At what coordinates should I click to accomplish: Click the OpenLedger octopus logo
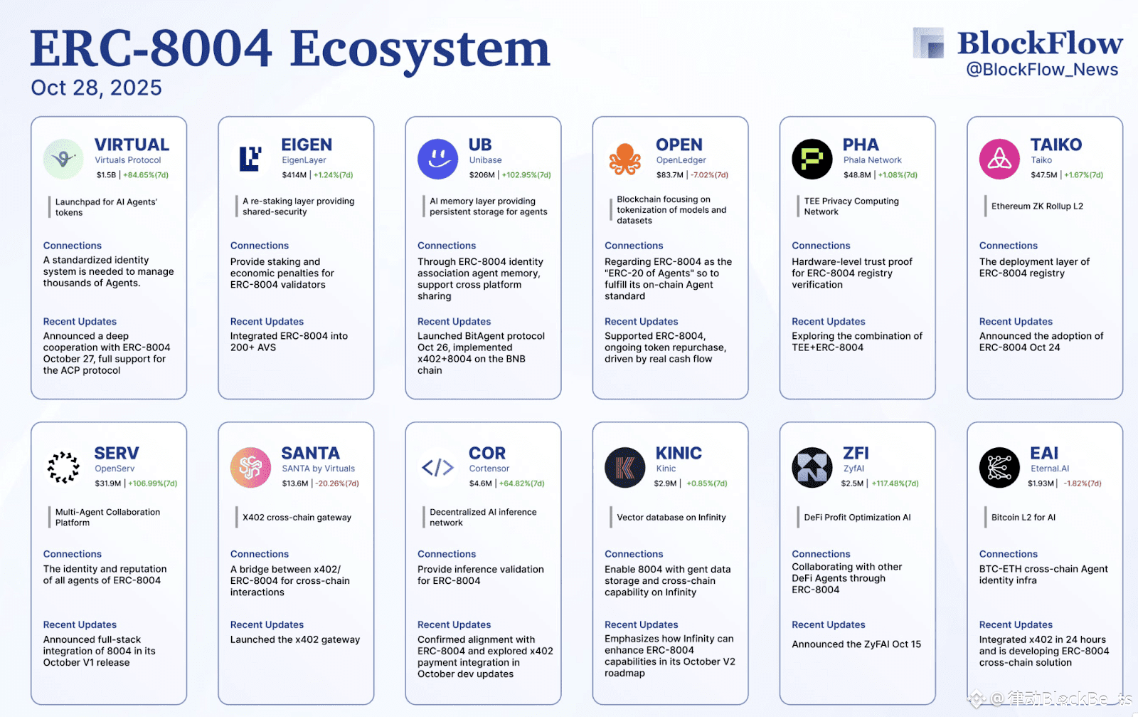624,159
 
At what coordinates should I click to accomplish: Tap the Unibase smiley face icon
437,159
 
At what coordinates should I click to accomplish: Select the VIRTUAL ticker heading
132,145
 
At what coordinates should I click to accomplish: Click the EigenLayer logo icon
250,159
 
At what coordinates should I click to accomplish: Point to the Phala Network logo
812,159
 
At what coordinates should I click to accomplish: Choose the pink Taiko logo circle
999,159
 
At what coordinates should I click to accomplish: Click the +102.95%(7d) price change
526,175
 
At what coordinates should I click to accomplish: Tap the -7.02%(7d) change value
710,175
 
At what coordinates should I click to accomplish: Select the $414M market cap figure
294,175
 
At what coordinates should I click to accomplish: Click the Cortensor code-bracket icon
437,468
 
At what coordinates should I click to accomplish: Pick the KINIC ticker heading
679,453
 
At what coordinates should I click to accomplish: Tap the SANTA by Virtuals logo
250,468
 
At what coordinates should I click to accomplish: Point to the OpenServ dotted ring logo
63,468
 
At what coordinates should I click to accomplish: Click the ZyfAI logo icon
812,468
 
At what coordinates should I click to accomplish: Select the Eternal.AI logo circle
999,468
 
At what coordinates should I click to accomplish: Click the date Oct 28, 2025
96,88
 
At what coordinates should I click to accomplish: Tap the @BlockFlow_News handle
1042,70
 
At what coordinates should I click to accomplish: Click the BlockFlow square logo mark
929,43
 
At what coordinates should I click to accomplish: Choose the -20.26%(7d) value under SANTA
337,483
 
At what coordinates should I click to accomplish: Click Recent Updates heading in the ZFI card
829,624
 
